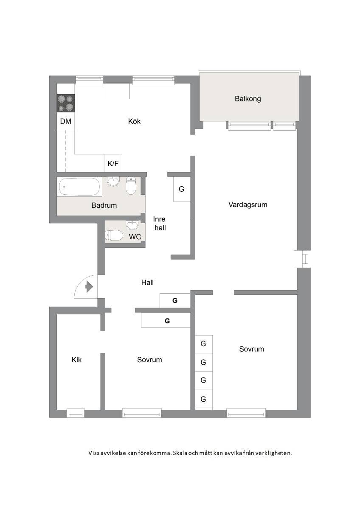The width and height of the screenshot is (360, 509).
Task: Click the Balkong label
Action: coord(247,99)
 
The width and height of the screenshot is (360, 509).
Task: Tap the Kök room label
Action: coord(134,121)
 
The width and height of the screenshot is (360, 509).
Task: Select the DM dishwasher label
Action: coord(65,121)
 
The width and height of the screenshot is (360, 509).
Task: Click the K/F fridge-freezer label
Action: coord(113,163)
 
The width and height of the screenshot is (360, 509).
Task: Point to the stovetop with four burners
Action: coord(65,103)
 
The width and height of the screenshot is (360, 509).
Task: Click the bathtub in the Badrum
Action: coord(79,187)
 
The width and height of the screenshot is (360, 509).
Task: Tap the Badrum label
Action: coord(104,205)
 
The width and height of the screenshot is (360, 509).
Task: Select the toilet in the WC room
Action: coord(114,235)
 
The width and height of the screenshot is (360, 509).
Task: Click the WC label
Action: coord(135,237)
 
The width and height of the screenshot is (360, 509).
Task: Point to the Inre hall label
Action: coord(160,224)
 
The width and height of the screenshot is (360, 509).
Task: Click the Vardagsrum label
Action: coord(247,205)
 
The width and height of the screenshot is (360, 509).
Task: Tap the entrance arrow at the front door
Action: coord(89,287)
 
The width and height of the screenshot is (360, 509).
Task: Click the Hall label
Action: coord(147,282)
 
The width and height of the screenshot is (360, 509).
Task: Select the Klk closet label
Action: coord(76,360)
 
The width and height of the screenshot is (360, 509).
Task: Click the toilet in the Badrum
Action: coord(131,186)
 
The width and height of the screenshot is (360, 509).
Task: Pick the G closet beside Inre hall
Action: coord(181,189)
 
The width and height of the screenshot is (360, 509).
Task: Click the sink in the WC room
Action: coord(132,225)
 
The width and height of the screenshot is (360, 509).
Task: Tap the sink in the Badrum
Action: coord(113,182)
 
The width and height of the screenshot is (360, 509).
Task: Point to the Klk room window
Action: coord(76,413)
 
